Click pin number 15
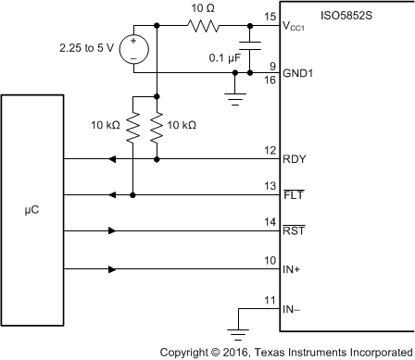click(x=270, y=17)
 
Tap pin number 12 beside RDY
click(x=270, y=150)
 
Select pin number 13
click(x=270, y=186)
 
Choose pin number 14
click(x=270, y=223)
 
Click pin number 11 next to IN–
click(x=270, y=301)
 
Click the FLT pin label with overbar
click(x=294, y=195)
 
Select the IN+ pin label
click(x=294, y=269)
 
